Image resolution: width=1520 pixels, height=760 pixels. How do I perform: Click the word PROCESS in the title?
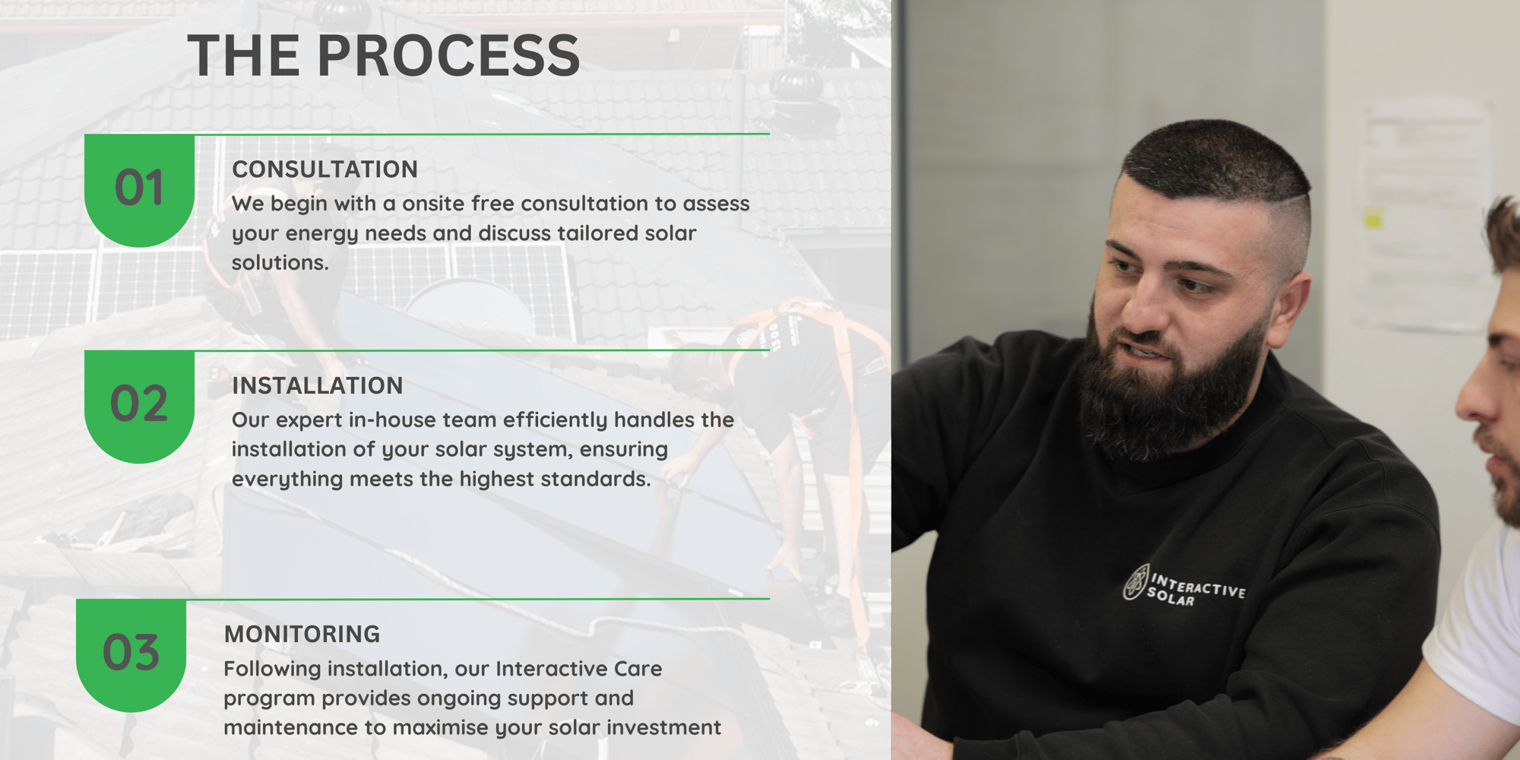coord(448,55)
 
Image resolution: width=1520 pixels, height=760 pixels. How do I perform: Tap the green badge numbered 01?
coord(139,190)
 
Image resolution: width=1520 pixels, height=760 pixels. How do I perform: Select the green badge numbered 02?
coord(139,407)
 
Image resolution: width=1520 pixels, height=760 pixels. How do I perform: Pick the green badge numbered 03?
coord(131,655)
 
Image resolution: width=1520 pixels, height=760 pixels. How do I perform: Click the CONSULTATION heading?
coord(325,169)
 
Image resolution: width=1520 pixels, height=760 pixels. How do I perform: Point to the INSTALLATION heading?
coord(318,386)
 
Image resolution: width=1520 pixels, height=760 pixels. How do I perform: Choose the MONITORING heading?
coord(302,635)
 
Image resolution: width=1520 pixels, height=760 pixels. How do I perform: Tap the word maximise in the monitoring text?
coord(441,728)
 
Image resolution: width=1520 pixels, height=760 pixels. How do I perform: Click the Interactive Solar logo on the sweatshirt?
coord(1185,586)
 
